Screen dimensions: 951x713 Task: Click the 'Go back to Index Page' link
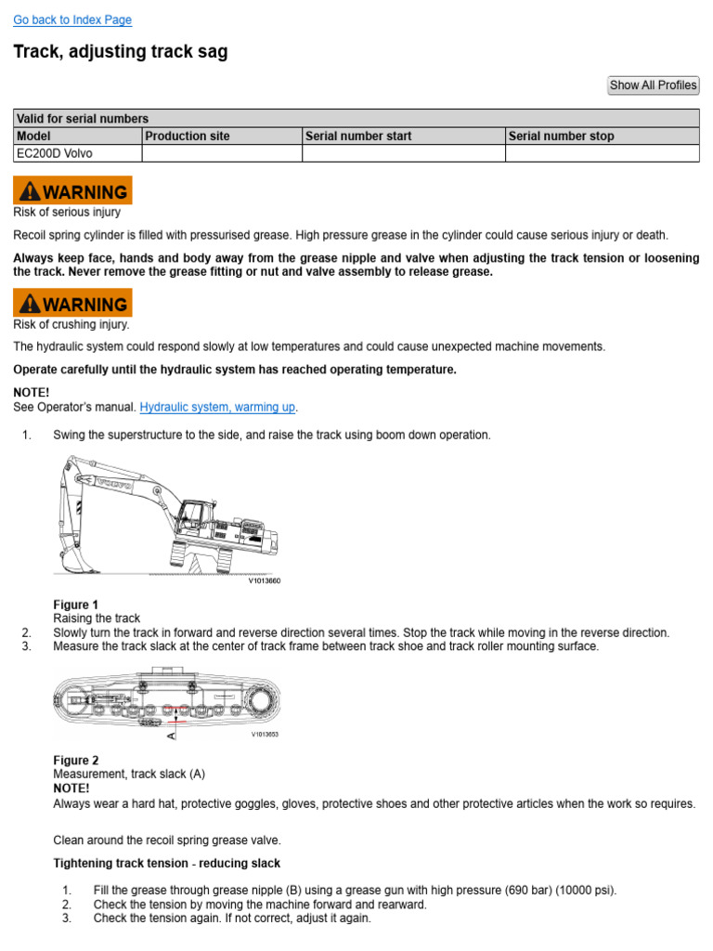(72, 20)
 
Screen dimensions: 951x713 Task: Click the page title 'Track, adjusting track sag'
(121, 52)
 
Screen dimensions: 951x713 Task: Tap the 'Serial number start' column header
(358, 136)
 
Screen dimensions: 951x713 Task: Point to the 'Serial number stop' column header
(562, 136)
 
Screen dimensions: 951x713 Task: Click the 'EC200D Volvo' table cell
(55, 153)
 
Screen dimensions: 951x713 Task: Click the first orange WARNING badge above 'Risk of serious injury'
(72, 191)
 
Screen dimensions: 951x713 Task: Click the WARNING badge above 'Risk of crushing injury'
(72, 304)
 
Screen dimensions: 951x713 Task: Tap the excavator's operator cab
(192, 517)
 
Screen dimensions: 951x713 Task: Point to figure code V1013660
(264, 581)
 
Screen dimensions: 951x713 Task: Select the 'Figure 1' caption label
(76, 605)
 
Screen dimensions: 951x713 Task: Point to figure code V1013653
(265, 734)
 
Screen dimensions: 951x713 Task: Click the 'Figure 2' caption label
(76, 760)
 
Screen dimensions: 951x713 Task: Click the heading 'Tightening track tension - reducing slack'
(167, 864)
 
